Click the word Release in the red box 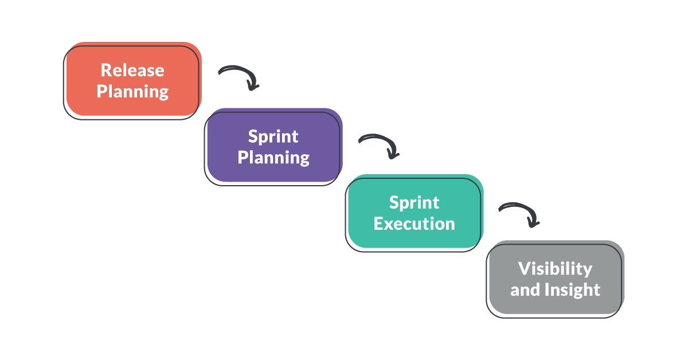pyautogui.click(x=132, y=70)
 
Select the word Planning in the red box pyautogui.click(x=132, y=91)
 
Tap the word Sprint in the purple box pyautogui.click(x=273, y=136)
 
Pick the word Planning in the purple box pyautogui.click(x=273, y=158)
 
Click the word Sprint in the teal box pyautogui.click(x=414, y=202)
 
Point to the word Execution pyautogui.click(x=414, y=224)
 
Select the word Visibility pyautogui.click(x=555, y=268)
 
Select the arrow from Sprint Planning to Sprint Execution pyautogui.click(x=378, y=140)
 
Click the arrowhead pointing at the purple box pyautogui.click(x=252, y=86)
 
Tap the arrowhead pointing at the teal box pyautogui.click(x=393, y=153)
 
